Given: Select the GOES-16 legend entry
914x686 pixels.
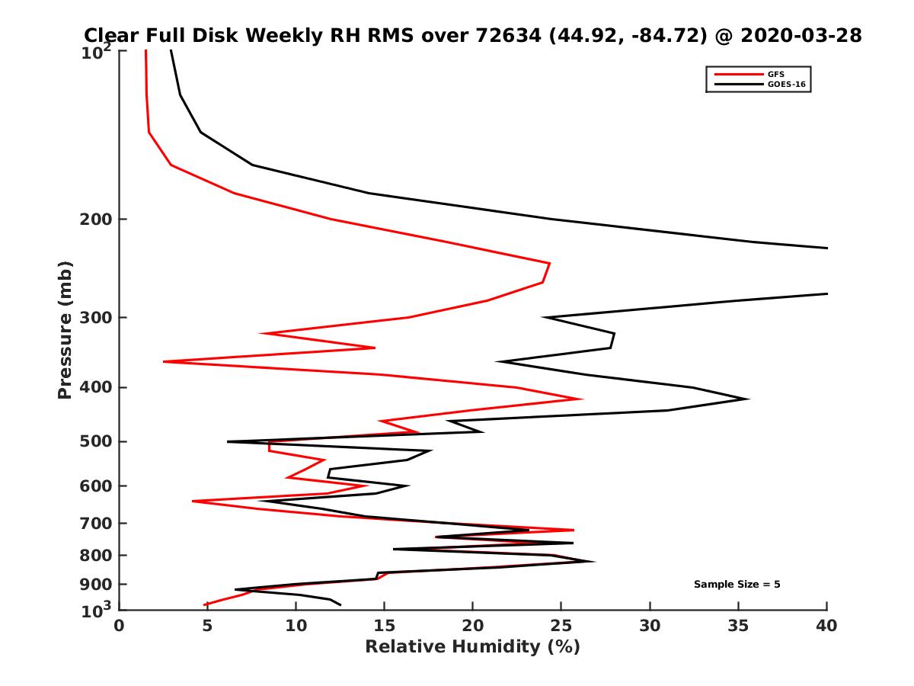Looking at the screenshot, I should point(785,85).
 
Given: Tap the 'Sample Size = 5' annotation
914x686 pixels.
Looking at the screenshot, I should point(737,585).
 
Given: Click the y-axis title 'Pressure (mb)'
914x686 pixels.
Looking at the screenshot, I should point(65,330).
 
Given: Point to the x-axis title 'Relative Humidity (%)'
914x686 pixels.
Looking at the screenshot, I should point(472,647).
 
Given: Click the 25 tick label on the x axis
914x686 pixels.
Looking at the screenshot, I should point(561,626).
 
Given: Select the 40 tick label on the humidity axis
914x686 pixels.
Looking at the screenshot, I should point(826,626).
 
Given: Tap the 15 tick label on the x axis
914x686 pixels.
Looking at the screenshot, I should point(384,626).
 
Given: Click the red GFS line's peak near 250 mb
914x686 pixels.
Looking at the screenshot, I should point(549,264).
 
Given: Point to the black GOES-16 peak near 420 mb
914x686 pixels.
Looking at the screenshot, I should point(748,399).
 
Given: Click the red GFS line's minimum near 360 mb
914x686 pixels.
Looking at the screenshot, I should point(165,361).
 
